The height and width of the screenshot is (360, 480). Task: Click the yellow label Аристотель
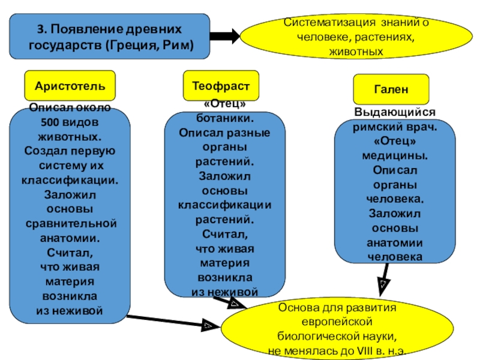coord(70,85)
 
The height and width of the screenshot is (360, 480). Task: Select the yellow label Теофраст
coord(225,85)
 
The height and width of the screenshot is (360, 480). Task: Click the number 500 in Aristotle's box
coord(53,123)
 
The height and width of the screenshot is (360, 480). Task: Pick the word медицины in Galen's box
coord(395,155)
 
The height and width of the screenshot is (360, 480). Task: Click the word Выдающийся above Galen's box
coord(395,113)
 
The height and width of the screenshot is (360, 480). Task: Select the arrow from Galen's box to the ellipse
coord(383,280)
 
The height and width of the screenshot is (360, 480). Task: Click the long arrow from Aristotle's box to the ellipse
coord(168,322)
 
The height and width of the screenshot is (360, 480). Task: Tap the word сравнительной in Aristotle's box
coord(71,224)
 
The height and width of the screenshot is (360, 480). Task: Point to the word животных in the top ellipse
coord(356,52)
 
